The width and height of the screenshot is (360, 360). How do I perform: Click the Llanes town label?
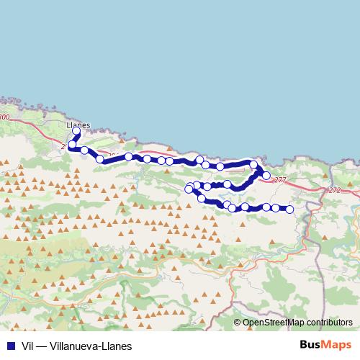pos(78,125)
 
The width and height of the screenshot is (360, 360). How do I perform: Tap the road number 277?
pos(280,180)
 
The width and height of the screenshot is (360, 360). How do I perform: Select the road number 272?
pos(334,190)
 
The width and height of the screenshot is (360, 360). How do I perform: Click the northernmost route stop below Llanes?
pos(76,131)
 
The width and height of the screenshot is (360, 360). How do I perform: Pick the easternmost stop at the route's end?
pos(290,210)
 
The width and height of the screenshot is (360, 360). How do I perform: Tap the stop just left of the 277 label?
pos(266,176)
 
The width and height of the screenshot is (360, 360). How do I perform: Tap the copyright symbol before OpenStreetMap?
pos(238,323)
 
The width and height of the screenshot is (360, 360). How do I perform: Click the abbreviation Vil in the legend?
pos(29,346)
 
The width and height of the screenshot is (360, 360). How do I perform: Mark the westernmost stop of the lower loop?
pos(189,189)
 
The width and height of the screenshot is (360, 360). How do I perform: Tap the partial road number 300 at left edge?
pos(4,117)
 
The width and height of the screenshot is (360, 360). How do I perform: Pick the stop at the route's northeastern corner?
pos(253,165)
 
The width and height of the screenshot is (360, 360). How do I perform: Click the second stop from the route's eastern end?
pos(276,208)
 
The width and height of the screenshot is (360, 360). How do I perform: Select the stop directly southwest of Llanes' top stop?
pos(72,145)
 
